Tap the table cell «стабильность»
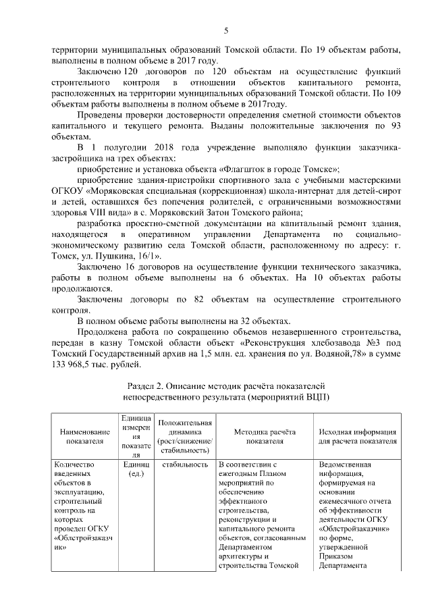pyautogui.click(x=184, y=465)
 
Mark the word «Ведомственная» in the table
pyautogui.click(x=345, y=465)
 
